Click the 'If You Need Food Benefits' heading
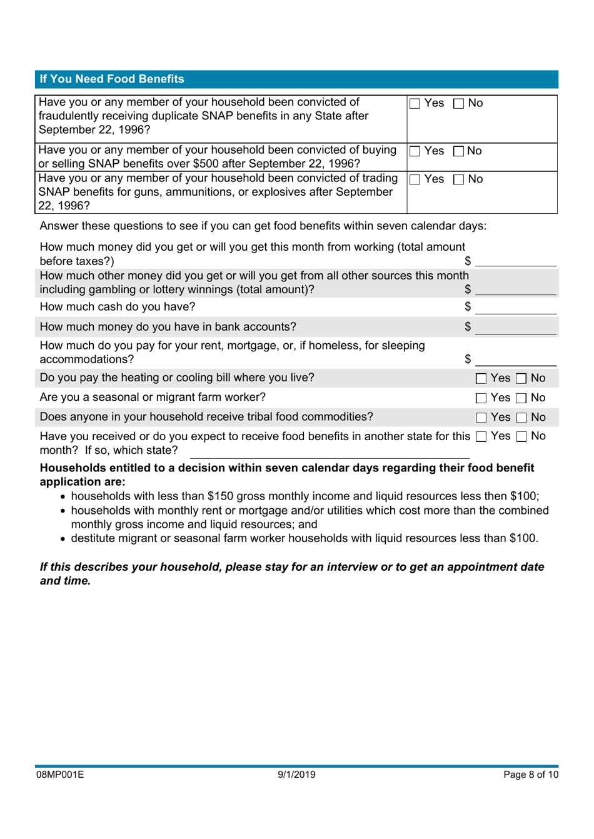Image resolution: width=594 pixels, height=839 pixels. click(x=112, y=79)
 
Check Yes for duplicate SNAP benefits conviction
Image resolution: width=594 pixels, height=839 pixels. click(x=415, y=104)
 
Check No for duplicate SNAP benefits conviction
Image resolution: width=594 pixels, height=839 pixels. click(x=458, y=104)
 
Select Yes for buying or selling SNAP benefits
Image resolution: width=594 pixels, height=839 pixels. click(x=415, y=151)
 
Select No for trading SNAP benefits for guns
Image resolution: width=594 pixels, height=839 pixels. click(x=458, y=180)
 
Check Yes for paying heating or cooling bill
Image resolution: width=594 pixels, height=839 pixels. click(x=481, y=379)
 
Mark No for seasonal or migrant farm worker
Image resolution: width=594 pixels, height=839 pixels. click(x=521, y=398)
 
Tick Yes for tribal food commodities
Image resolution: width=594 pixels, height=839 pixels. click(x=481, y=418)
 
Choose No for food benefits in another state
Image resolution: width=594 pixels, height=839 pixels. click(x=521, y=437)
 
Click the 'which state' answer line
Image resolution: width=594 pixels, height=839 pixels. click(x=330, y=451)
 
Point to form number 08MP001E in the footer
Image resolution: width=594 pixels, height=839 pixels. click(x=59, y=775)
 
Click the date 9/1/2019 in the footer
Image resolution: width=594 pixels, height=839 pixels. click(x=296, y=775)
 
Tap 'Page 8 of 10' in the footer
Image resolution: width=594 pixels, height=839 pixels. click(x=530, y=775)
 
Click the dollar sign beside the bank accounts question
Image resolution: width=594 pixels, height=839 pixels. click(x=468, y=326)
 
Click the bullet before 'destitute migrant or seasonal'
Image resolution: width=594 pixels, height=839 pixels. click(x=63, y=539)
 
